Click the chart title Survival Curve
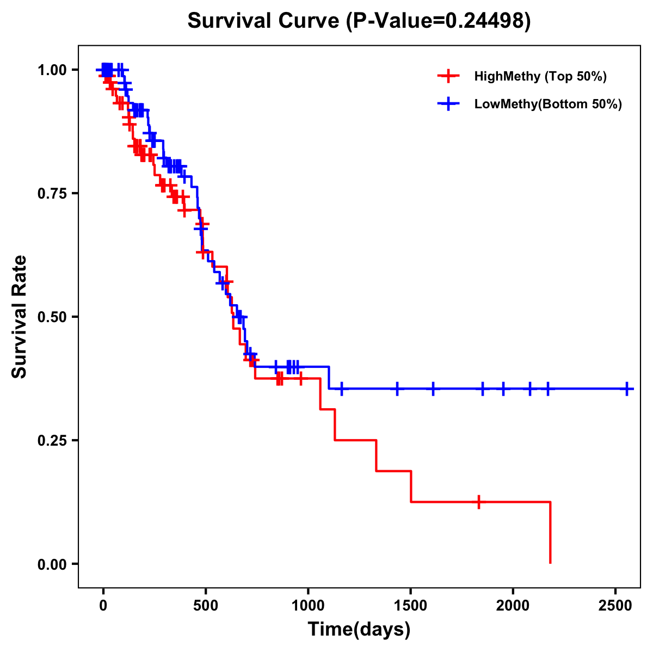(x=264, y=21)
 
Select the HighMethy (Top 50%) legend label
(x=540, y=76)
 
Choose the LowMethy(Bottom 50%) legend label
(x=548, y=104)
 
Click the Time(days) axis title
(x=359, y=630)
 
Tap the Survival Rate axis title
(x=20, y=316)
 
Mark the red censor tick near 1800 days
(x=479, y=502)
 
